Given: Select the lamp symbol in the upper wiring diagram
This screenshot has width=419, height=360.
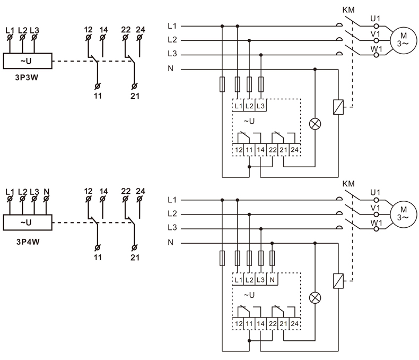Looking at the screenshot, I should (316, 124).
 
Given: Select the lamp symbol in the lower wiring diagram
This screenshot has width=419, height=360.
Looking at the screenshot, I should (316, 297).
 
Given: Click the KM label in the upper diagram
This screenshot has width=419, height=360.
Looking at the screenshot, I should (348, 10).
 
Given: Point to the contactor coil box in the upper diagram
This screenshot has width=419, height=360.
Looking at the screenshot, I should (336, 107).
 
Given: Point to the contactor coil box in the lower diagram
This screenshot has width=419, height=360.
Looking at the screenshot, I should (336, 281).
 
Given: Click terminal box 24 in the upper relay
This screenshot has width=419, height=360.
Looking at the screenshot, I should (294, 150).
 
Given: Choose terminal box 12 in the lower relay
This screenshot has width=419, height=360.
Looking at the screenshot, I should (238, 323).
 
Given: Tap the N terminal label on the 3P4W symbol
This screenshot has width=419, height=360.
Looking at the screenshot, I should (46, 191).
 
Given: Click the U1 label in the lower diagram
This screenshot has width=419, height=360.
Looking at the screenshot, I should (376, 192).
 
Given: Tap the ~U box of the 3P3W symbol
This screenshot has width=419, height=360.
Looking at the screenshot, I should (27, 61).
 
